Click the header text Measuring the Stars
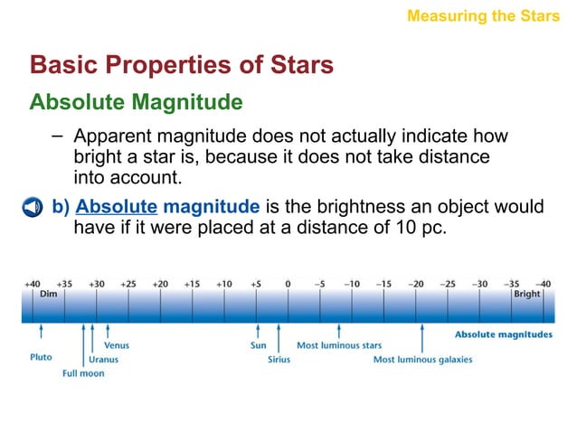click(x=483, y=15)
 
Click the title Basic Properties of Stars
click(x=182, y=65)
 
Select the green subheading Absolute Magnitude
click(x=136, y=102)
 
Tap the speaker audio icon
click(x=33, y=207)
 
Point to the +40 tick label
click(x=33, y=283)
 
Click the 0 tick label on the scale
click(x=288, y=283)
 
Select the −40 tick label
click(x=543, y=283)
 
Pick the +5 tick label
click(x=256, y=283)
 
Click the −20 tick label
click(x=415, y=283)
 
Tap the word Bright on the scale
click(x=526, y=294)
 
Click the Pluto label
click(x=41, y=357)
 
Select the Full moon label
click(x=82, y=373)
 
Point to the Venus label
click(x=116, y=345)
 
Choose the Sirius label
click(x=279, y=359)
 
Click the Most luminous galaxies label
click(x=422, y=359)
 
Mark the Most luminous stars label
click(x=339, y=345)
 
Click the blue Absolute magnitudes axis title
click(x=503, y=334)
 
